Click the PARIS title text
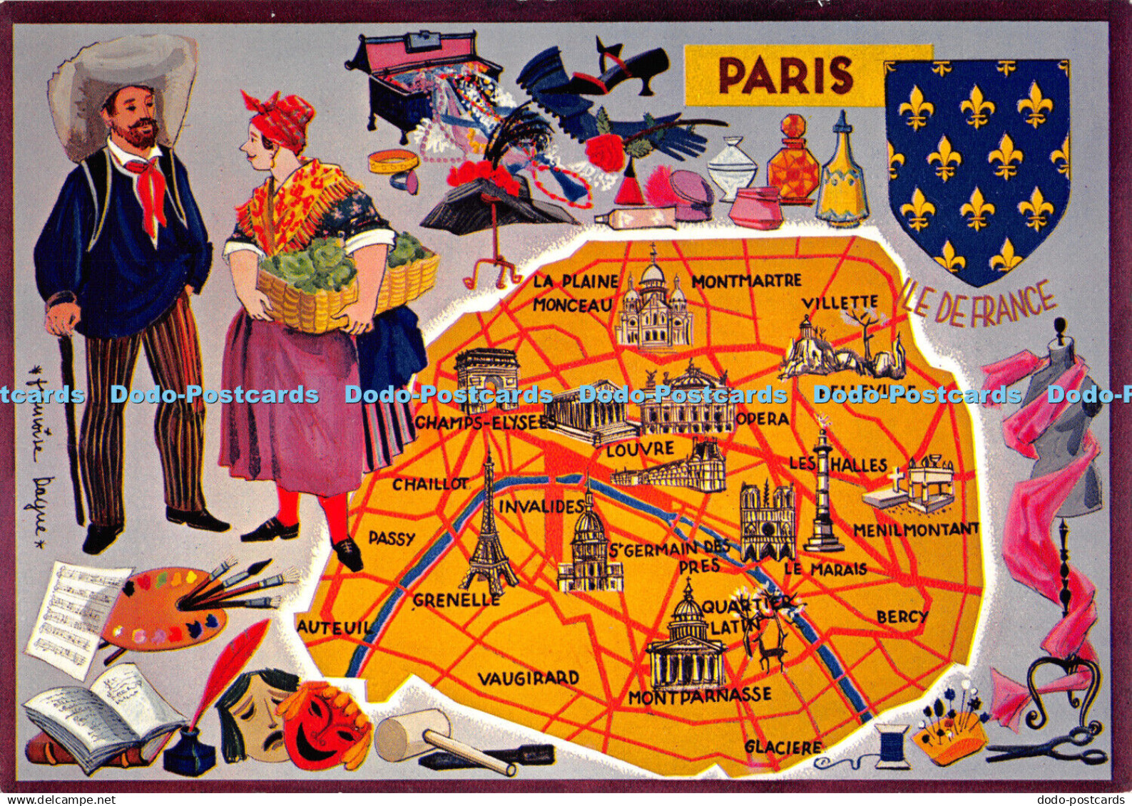785,76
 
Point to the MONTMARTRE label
746,281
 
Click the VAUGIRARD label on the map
528,678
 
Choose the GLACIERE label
782,747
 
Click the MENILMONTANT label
916,529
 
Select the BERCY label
902,616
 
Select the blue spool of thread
892,745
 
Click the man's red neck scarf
149,189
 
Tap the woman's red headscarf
280,118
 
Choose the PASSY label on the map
392,539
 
